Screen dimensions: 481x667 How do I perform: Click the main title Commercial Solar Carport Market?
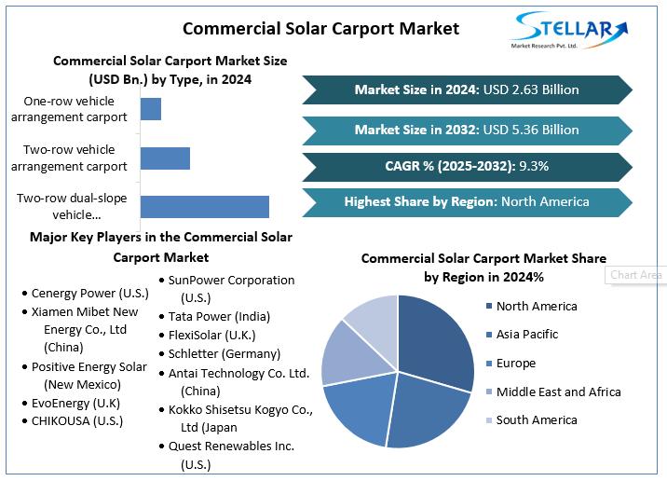coord(320,28)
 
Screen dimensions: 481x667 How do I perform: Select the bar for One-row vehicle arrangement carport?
coord(151,108)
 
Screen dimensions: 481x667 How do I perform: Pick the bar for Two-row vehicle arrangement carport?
coord(165,158)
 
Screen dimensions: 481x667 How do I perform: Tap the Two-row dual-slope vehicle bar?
coord(204,207)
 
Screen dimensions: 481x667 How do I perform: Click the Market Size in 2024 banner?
coord(467,89)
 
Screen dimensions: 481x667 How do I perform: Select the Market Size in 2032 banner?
coord(467,130)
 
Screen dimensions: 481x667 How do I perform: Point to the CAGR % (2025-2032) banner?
coord(467,166)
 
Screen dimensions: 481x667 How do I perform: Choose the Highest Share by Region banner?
coord(467,201)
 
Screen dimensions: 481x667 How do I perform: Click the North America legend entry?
coord(536,306)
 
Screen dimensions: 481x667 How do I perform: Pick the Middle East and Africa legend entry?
coord(557,392)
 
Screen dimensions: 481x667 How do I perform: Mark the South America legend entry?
coord(536,419)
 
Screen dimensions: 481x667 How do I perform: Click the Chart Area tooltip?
coord(636,275)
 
